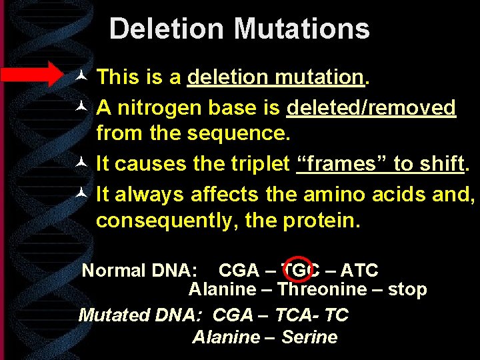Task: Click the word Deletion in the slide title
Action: [167, 29]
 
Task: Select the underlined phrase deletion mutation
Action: [275, 77]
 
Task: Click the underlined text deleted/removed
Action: [371, 107]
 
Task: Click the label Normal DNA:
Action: [139, 271]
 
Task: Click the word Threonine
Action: [322, 289]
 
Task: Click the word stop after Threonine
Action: [407, 289]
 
